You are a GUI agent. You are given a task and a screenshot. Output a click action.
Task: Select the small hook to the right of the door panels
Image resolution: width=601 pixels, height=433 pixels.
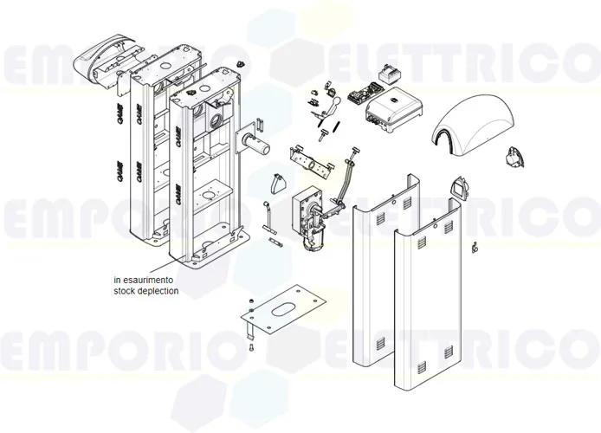[x=475, y=248]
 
